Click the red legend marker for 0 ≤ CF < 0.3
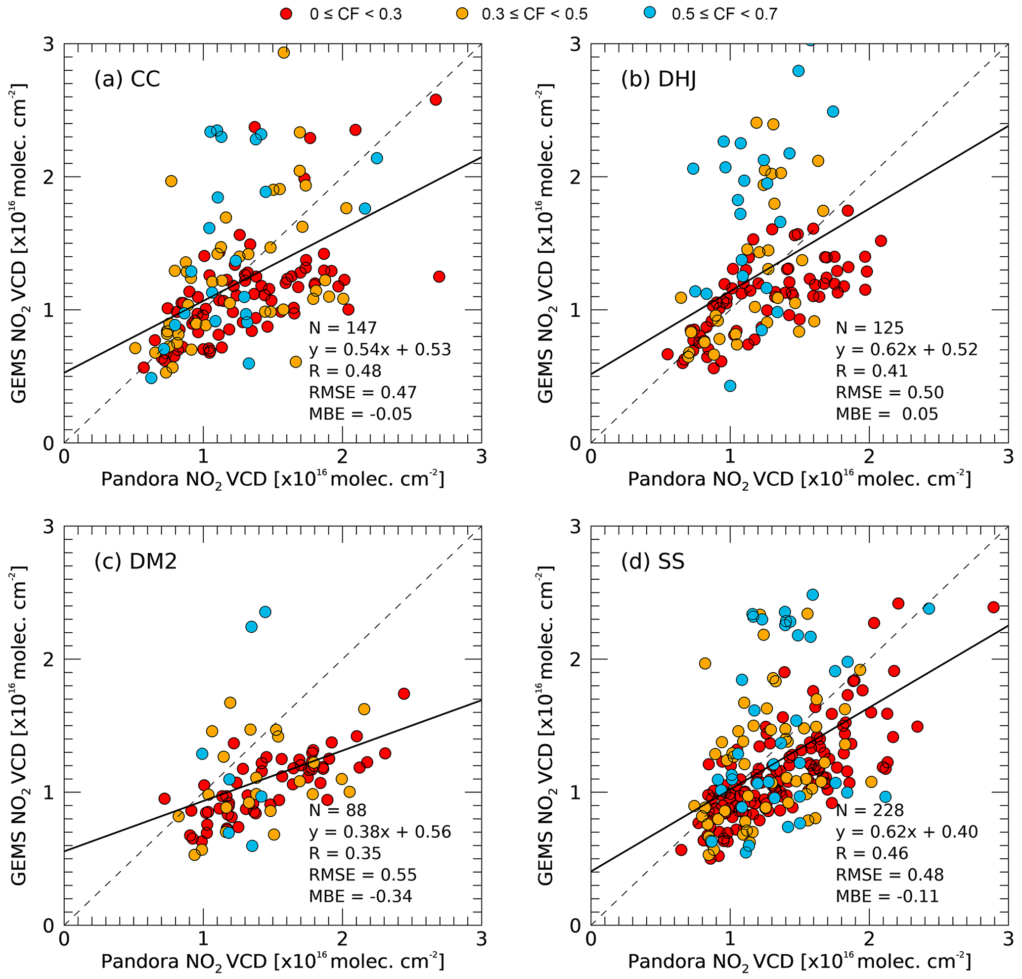[x=286, y=14]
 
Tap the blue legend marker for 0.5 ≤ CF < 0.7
[x=650, y=14]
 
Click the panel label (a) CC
[x=127, y=79]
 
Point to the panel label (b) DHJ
[x=659, y=79]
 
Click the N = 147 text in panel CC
[x=343, y=327]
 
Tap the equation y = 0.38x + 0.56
[x=380, y=832]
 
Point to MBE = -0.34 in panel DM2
[x=360, y=896]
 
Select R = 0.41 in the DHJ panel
[x=872, y=371]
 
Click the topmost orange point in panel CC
[x=284, y=52]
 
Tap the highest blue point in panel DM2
[x=266, y=611]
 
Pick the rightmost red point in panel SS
[x=993, y=606]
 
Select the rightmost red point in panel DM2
[x=403, y=693]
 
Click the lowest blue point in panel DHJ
[x=730, y=386]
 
